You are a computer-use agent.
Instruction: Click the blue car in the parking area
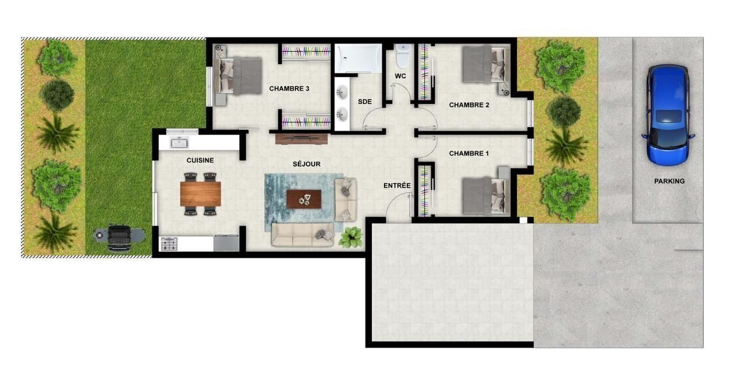pyautogui.click(x=668, y=115)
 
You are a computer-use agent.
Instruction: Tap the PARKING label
pyautogui.click(x=669, y=181)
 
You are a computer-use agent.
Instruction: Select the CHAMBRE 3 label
pyautogui.click(x=289, y=89)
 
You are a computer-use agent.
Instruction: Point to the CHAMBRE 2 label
pyautogui.click(x=469, y=105)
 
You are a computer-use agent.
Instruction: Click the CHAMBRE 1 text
pyautogui.click(x=469, y=153)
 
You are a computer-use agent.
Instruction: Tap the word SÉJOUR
pyautogui.click(x=306, y=164)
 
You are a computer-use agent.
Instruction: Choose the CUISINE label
pyautogui.click(x=200, y=160)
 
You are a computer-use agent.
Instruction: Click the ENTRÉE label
pyautogui.click(x=397, y=185)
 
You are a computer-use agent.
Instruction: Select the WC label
pyautogui.click(x=400, y=76)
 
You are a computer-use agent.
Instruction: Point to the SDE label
pyautogui.click(x=365, y=101)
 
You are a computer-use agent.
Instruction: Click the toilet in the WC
pyautogui.click(x=403, y=55)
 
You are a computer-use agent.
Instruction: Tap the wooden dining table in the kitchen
pyautogui.click(x=200, y=194)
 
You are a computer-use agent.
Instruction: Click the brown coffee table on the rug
pyautogui.click(x=304, y=199)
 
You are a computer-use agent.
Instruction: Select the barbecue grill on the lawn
pyautogui.click(x=119, y=237)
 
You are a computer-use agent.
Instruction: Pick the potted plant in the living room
pyautogui.click(x=351, y=237)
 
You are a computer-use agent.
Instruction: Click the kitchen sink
pyautogui.click(x=179, y=143)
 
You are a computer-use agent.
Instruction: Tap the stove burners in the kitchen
pyautogui.click(x=169, y=244)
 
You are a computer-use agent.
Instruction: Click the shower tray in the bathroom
pyautogui.click(x=358, y=58)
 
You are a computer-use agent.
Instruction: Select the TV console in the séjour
pyautogui.click(x=302, y=139)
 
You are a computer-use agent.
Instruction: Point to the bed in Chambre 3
pyautogui.click(x=238, y=75)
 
